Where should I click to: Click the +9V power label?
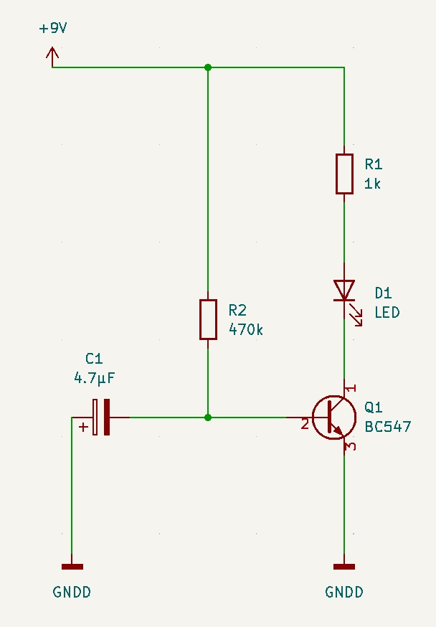(53, 29)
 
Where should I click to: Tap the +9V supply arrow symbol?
(52, 57)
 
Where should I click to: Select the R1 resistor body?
(344, 174)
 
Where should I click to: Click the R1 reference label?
(374, 164)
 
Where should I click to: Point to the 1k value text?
(372, 184)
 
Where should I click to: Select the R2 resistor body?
(208, 319)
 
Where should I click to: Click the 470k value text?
(246, 329)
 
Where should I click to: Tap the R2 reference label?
(237, 310)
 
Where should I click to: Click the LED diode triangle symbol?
(344, 291)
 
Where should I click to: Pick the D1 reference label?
(383, 293)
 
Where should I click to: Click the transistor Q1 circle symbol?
(334, 418)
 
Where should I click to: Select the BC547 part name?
(388, 427)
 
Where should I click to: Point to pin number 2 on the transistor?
(305, 423)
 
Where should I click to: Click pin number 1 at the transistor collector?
(351, 388)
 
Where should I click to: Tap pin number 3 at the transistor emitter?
(351, 445)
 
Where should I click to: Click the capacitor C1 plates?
(101, 417)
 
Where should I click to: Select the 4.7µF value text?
(95, 377)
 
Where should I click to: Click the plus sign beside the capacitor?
(83, 427)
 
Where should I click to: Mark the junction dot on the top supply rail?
(208, 67)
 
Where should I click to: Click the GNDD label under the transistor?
(344, 592)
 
